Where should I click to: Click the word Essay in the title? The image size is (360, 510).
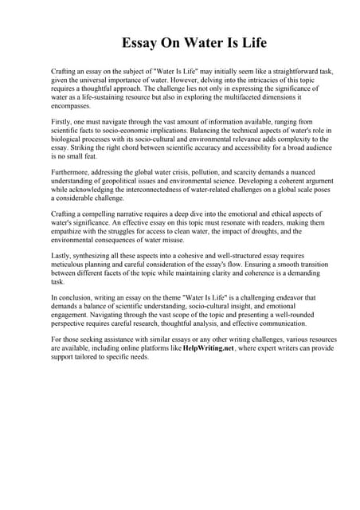[x=140, y=42]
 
